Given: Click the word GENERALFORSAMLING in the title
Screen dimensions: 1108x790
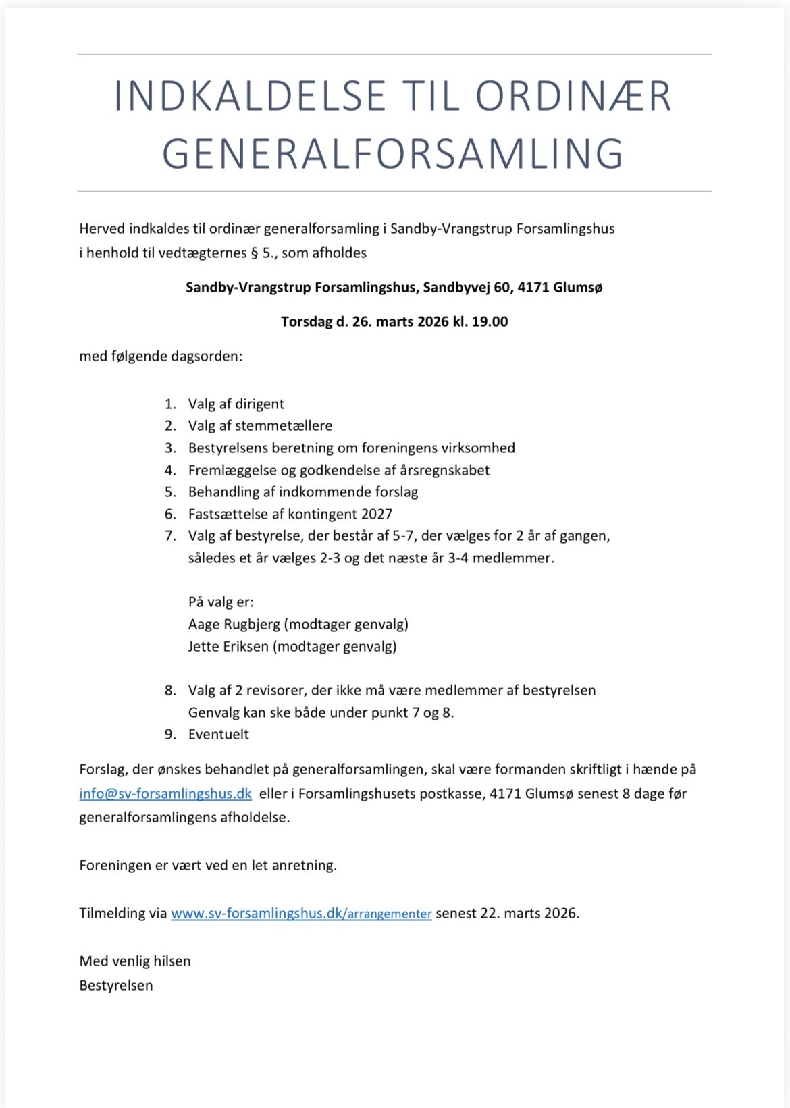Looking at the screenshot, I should (392, 154).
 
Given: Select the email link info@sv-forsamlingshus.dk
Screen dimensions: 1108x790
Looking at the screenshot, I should (165, 793).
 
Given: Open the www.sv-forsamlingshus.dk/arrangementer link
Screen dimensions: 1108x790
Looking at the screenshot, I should (301, 914).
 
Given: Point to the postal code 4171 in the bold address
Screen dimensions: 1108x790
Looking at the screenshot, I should (533, 287).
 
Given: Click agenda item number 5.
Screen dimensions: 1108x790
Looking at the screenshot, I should (170, 492).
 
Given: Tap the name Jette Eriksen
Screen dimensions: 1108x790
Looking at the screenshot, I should (228, 646).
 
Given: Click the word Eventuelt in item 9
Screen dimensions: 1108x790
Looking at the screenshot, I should (219, 734).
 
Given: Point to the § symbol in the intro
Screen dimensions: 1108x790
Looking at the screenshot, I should (254, 253).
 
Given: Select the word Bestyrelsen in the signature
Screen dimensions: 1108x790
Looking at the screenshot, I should (116, 985).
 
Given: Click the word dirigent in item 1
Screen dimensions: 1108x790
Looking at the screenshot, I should (259, 404).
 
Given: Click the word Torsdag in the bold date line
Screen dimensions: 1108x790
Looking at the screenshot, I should (307, 321).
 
